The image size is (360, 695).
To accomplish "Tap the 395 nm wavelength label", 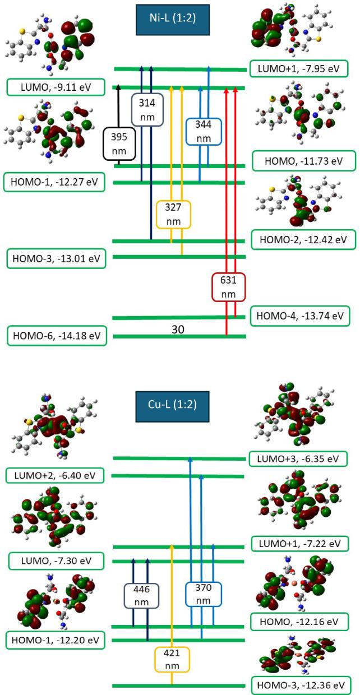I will pyautogui.click(x=119, y=143).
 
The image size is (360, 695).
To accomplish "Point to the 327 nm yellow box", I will pyautogui.click(x=174, y=214).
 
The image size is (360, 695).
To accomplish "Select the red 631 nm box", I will pyautogui.click(x=229, y=287).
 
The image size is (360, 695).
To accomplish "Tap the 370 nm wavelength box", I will pyautogui.click(x=203, y=594).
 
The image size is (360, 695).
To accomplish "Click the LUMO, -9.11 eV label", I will pyautogui.click(x=56, y=87).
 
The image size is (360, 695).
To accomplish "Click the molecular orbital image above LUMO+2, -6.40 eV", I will pyautogui.click(x=55, y=431).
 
